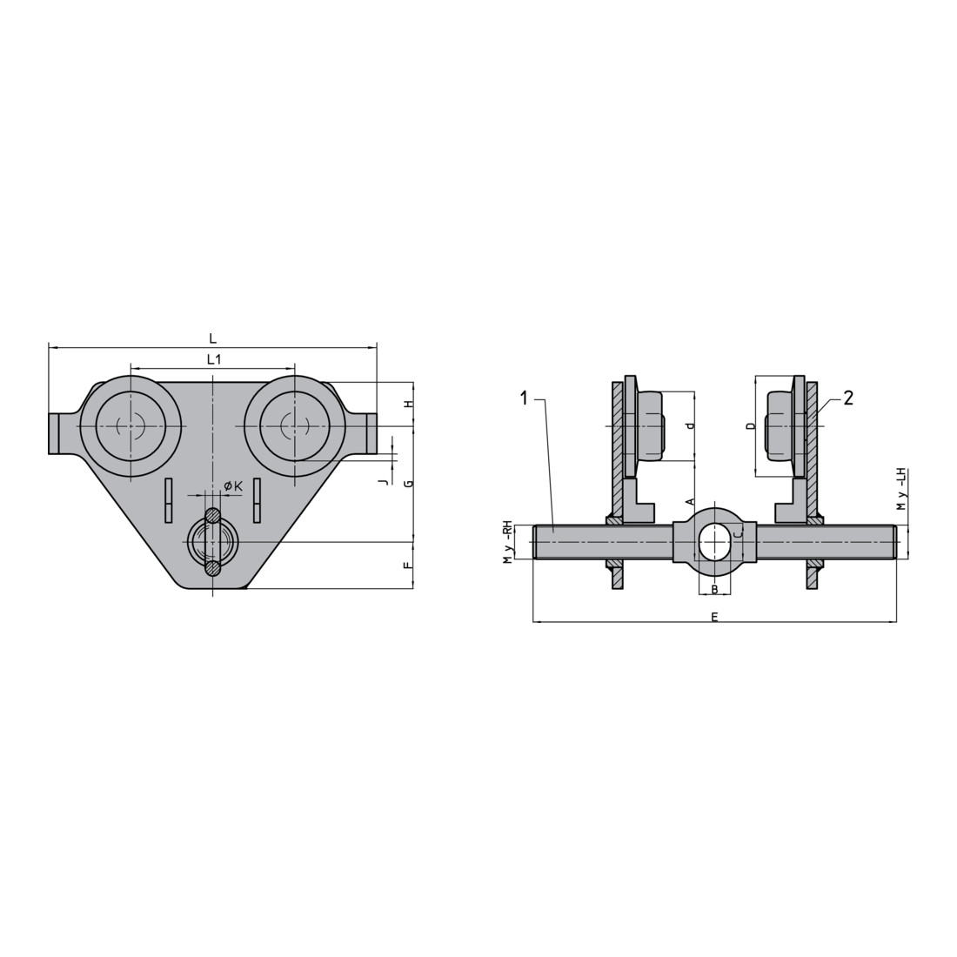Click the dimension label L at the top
tap(212, 338)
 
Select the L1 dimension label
tap(214, 359)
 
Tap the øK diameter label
tap(233, 485)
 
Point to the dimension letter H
tap(410, 404)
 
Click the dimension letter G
tap(410, 484)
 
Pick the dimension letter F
tap(410, 565)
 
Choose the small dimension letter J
tap(383, 482)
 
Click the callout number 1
tap(523, 398)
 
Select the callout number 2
tap(847, 398)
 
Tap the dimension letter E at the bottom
tap(714, 617)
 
